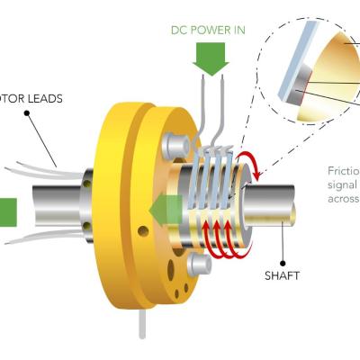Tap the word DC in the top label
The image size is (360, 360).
[178, 30]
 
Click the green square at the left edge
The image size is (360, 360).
[7, 212]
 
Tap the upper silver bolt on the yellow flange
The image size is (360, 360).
[176, 145]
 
